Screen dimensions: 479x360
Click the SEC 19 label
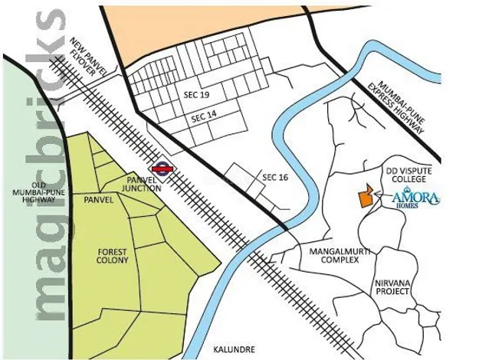click(x=196, y=94)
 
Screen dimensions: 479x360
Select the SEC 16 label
click(x=275, y=177)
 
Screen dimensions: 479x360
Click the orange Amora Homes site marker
click(x=366, y=197)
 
